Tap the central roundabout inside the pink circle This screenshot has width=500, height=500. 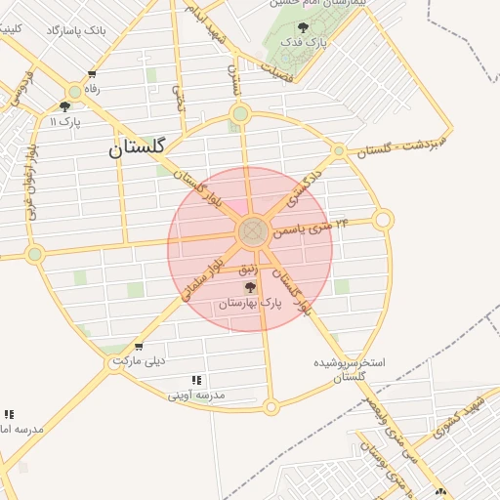[x=253, y=232]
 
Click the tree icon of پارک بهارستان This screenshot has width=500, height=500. [x=250, y=288]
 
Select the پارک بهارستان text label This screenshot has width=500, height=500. [x=250, y=304]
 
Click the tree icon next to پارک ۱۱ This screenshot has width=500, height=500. [x=65, y=107]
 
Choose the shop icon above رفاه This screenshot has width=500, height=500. [x=92, y=74]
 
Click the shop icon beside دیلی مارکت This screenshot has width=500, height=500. [x=138, y=347]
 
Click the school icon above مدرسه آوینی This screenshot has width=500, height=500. [x=196, y=380]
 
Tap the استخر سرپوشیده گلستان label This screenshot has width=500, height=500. [x=349, y=368]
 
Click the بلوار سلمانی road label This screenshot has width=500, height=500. [x=202, y=277]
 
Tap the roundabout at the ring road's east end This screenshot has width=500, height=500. [x=383, y=220]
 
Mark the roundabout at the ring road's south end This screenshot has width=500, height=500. [x=271, y=405]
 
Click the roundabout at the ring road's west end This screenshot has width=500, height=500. [x=35, y=254]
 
